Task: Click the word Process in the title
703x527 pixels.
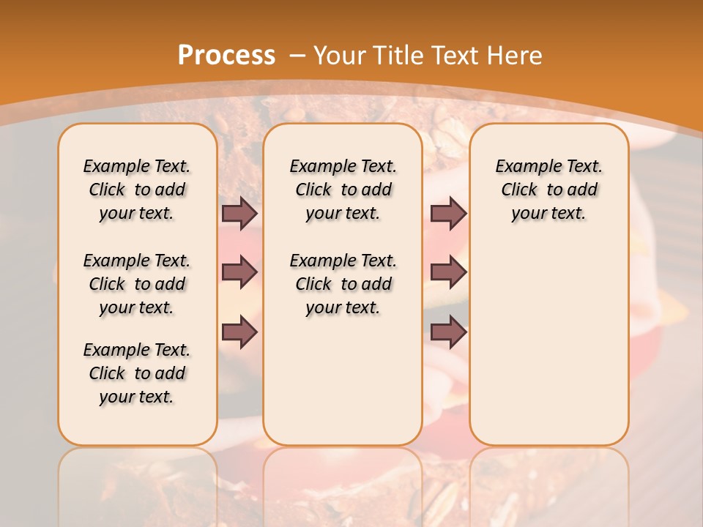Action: point(226,55)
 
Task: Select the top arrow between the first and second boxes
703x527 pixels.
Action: point(239,213)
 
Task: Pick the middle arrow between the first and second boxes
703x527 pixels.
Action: point(239,272)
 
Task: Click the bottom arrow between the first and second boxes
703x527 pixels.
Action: point(239,332)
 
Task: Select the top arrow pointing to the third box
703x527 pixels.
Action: point(449,213)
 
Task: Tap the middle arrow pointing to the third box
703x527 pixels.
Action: point(449,272)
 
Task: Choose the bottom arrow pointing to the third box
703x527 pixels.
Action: point(449,332)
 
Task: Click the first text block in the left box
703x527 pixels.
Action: point(137,190)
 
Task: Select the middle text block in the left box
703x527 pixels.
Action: point(137,284)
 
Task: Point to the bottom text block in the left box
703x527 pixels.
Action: point(137,373)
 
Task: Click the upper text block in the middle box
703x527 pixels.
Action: point(343,190)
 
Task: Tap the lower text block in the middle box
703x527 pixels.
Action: point(343,284)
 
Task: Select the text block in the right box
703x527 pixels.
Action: point(549,190)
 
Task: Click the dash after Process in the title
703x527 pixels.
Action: point(297,56)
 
